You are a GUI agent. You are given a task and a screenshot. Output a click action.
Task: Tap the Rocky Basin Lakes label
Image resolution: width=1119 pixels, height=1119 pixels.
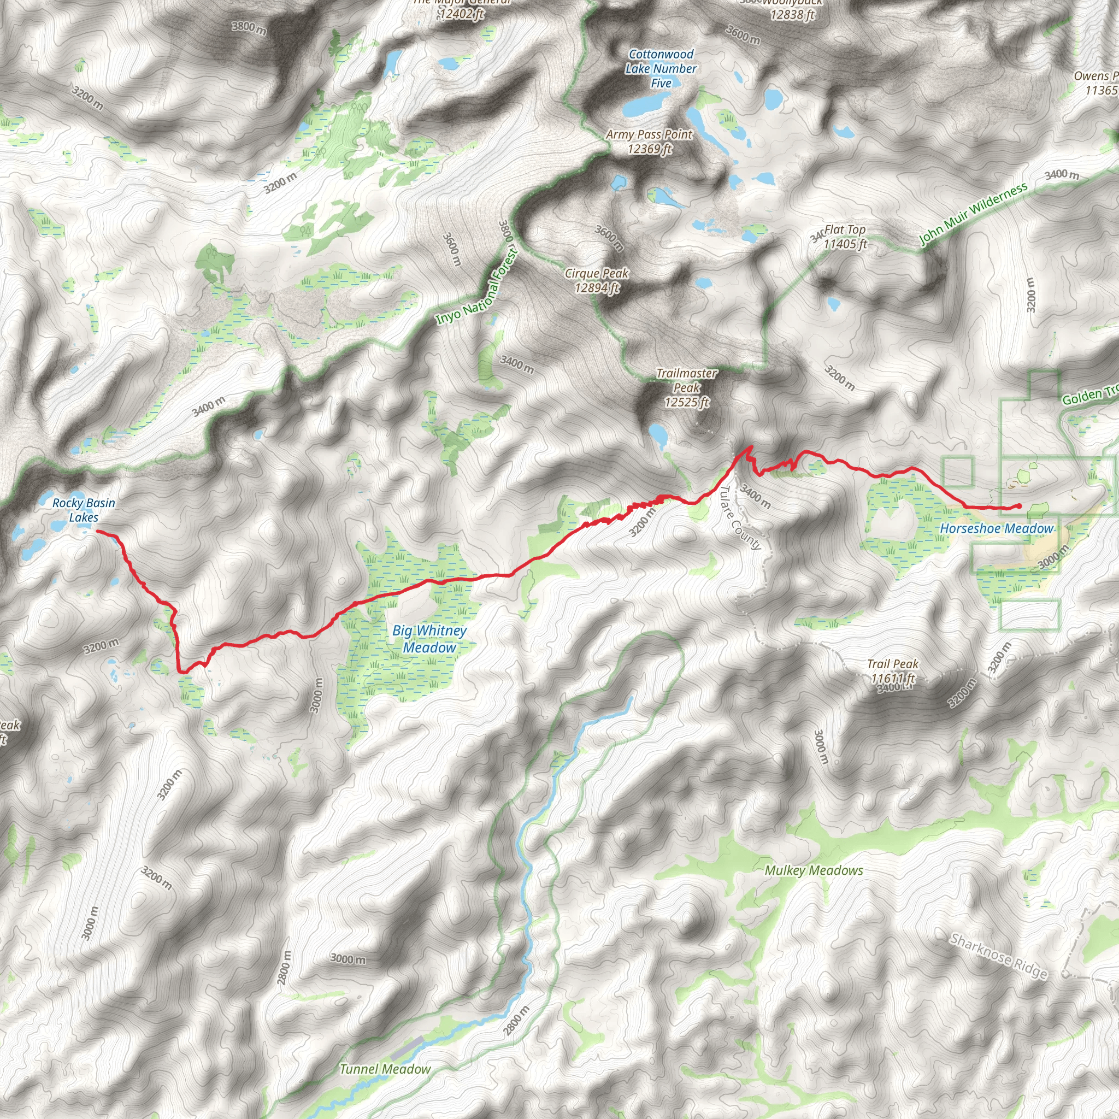point(84,510)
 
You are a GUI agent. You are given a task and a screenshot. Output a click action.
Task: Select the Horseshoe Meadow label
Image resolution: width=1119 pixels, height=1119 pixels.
point(996,528)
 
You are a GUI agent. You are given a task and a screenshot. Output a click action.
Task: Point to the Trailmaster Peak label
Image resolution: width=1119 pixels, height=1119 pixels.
point(686,387)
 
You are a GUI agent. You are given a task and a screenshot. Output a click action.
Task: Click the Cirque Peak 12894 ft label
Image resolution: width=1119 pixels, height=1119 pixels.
point(597,280)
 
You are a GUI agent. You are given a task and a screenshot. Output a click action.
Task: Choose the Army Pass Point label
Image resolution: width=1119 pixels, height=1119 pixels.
point(649,142)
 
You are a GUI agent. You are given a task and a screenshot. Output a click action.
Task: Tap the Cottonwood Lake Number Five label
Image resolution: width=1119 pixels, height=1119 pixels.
point(661,68)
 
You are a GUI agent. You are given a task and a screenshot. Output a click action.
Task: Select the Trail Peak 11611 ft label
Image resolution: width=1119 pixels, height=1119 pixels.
point(893,671)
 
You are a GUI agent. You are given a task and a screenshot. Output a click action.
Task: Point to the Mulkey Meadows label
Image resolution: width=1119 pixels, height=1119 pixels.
point(814,870)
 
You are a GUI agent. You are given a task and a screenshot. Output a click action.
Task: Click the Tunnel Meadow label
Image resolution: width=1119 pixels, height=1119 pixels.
point(385,1069)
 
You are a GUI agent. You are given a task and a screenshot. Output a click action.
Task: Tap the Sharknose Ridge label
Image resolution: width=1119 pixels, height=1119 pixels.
point(999,956)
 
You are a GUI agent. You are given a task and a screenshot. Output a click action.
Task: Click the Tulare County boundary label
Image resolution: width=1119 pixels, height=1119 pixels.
point(740,518)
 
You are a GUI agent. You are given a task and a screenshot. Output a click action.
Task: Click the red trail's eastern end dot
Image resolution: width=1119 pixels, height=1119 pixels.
point(1019,506)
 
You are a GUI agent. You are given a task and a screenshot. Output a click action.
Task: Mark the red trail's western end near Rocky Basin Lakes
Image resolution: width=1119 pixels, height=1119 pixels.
point(97,531)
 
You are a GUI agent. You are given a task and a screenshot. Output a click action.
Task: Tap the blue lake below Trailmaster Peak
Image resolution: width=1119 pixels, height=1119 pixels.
point(658,434)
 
